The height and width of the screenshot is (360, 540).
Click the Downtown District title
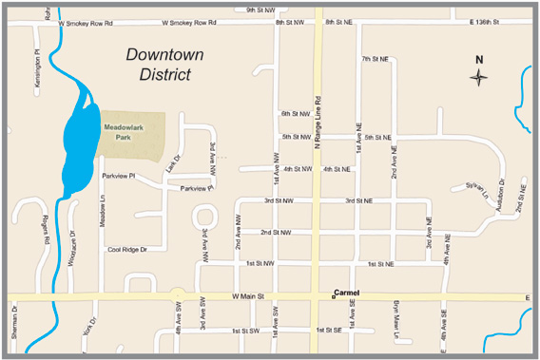pos(164,64)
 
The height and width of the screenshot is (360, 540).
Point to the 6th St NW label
pos(297,114)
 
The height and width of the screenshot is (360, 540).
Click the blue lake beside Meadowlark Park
pos(78,142)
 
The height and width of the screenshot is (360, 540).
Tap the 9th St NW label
pos(259,9)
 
